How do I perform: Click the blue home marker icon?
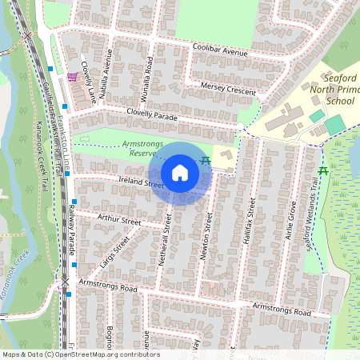[180, 172]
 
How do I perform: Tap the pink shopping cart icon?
[73, 77]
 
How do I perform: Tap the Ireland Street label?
[130, 182]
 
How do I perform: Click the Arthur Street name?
[118, 218]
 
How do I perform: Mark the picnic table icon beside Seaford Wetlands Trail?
[323, 171]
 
